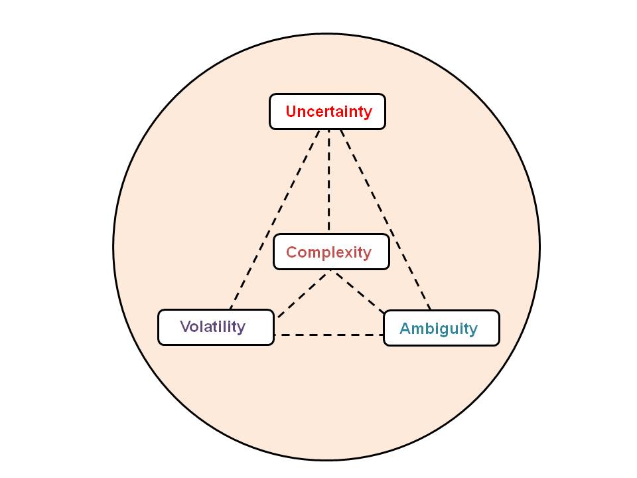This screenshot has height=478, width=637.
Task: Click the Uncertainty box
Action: (x=327, y=112)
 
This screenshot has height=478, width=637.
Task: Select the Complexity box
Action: (x=331, y=252)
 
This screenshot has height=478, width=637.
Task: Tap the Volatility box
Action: (x=216, y=327)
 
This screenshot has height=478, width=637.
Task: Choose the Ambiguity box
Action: (x=441, y=328)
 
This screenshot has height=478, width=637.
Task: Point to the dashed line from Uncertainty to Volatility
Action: (x=275, y=219)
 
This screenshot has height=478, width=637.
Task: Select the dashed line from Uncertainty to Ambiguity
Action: (x=385, y=219)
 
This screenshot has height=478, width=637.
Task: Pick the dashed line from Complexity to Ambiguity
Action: (x=358, y=292)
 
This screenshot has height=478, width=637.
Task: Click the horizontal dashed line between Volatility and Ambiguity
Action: (x=328, y=335)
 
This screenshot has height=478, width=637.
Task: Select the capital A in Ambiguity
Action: (x=405, y=329)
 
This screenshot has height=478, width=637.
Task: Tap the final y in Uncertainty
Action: (x=368, y=113)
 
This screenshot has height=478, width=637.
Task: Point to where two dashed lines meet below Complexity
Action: (x=330, y=272)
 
